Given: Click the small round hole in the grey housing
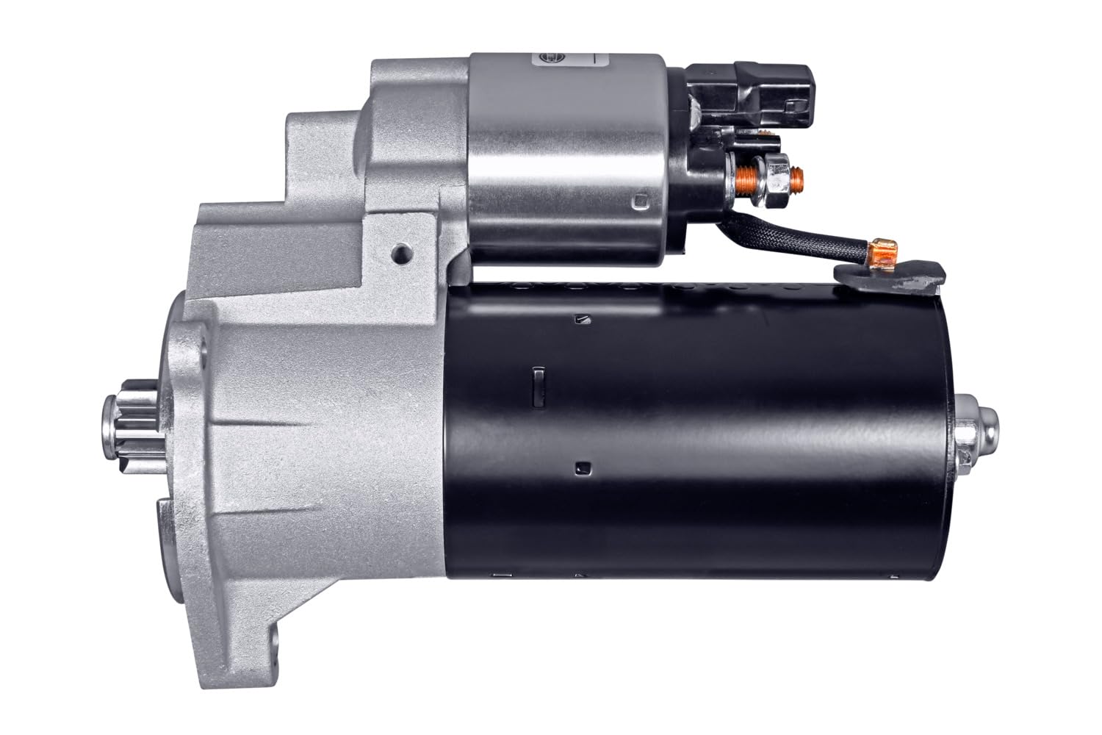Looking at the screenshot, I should pos(400,252).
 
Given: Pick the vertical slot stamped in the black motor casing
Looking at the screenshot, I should pos(538,384).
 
